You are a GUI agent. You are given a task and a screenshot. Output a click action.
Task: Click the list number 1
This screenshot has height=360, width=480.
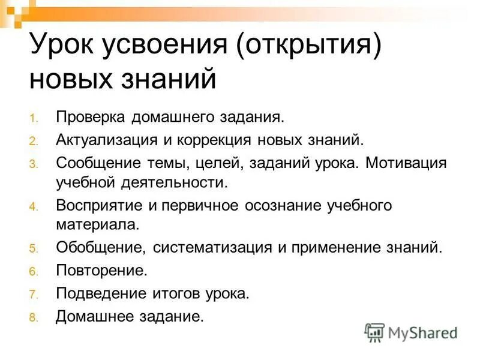(33, 118)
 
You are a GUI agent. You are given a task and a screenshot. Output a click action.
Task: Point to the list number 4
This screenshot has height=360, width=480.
(33, 207)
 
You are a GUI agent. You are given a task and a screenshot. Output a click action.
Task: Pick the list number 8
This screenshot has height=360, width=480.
(33, 317)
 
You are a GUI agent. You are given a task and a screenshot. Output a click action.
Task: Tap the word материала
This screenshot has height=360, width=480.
(97, 225)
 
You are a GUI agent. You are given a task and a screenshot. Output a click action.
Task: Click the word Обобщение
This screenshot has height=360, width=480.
(101, 247)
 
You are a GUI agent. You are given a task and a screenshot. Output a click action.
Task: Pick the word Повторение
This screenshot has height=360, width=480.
(101, 271)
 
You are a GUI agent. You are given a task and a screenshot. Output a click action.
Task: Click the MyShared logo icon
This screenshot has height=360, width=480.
(374, 332)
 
